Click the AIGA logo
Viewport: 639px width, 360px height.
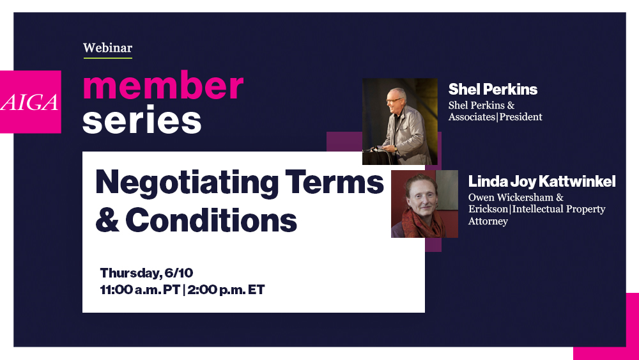(x=31, y=102)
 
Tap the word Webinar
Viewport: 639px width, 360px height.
(x=107, y=48)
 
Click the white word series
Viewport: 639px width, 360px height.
(x=142, y=120)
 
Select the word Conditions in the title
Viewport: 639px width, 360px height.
(x=212, y=220)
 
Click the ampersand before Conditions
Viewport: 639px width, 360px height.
(x=107, y=220)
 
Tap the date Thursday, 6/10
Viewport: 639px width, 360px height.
(x=146, y=273)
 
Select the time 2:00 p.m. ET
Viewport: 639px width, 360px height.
(x=226, y=290)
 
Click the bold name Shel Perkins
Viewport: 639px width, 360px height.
(x=493, y=89)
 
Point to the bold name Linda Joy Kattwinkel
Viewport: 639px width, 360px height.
(x=542, y=182)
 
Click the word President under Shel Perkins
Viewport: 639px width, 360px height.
(x=521, y=117)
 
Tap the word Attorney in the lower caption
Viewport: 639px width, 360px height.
(x=488, y=221)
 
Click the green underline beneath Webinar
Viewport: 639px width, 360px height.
(x=107, y=58)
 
